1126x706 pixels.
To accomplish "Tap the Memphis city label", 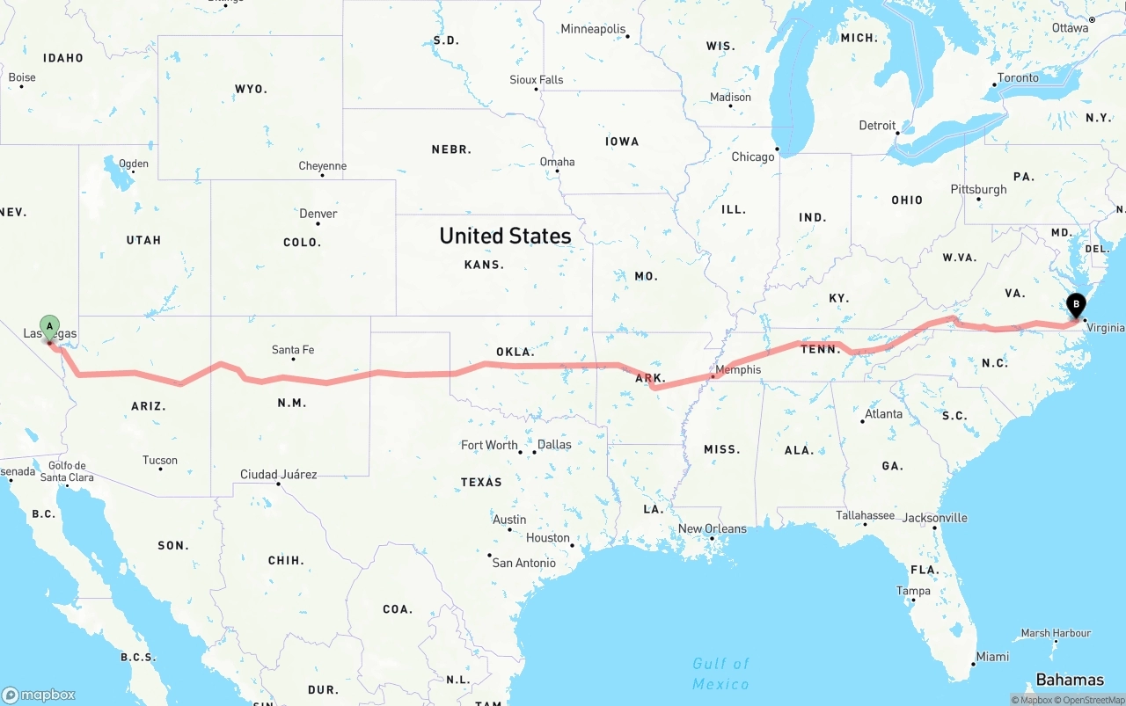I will point(737,369).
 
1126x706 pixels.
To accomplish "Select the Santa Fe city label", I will point(293,350).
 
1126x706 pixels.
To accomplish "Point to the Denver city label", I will point(318,214).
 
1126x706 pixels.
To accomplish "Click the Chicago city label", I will point(753,156).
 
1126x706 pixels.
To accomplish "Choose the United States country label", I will point(505,236).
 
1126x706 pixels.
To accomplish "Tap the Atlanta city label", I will point(883,414).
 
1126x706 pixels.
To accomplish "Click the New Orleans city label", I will point(712,528).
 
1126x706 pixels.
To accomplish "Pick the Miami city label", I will point(992,657).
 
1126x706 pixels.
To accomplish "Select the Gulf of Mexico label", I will point(720,673).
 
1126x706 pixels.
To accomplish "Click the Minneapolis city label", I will point(593,29).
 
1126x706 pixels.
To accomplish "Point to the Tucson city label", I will point(160,460).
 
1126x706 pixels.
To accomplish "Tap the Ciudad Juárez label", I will point(278,475).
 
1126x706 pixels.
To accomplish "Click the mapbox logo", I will point(39,695).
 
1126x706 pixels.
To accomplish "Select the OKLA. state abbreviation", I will point(515,352).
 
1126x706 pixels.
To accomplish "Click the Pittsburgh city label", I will point(978,189).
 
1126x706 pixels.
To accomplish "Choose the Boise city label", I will point(22,77).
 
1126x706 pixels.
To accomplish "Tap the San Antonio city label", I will point(523,563).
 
